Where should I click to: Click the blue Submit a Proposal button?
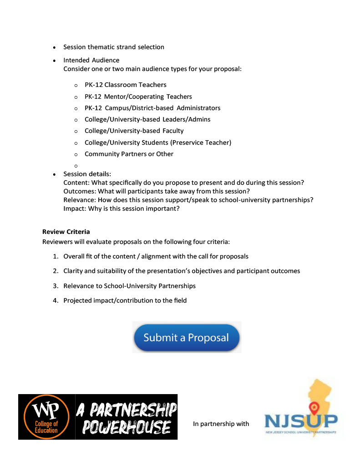tap(186, 338)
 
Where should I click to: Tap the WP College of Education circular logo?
tap(46, 417)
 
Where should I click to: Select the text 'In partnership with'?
tap(221, 424)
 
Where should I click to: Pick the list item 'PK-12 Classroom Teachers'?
tap(125, 85)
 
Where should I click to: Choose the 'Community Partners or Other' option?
tap(129, 154)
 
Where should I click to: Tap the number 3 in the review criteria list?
tap(55, 286)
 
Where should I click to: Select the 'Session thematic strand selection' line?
tap(114, 47)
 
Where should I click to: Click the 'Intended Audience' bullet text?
tap(91, 60)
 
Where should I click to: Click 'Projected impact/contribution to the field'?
tap(125, 300)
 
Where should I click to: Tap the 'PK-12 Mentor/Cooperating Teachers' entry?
tap(138, 96)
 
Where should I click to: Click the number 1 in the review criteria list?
tap(55, 256)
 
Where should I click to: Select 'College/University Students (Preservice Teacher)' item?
tap(157, 142)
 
